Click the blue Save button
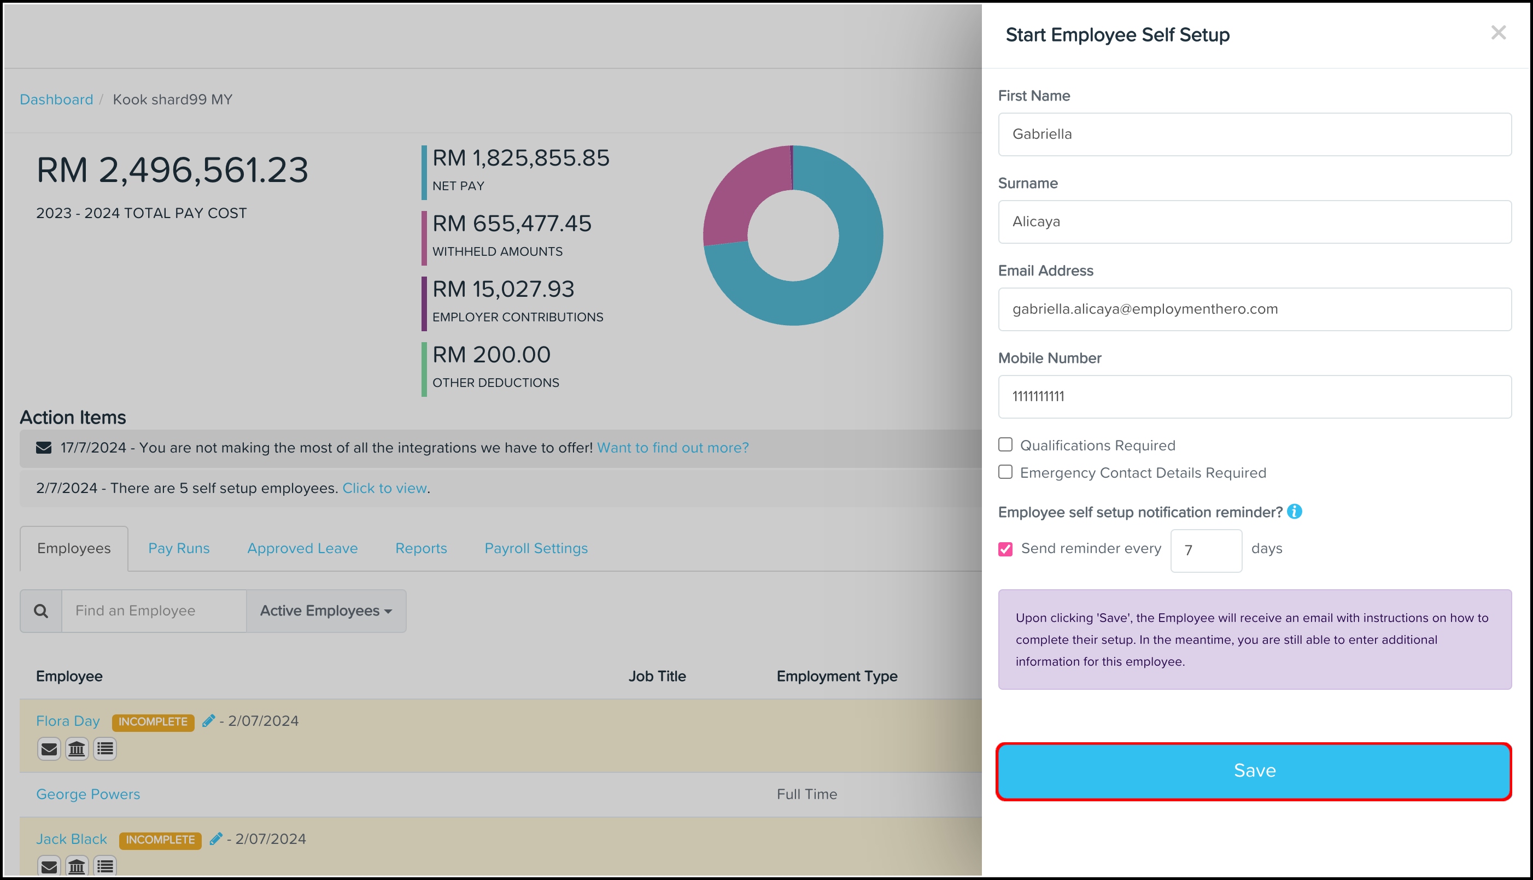tap(1254, 771)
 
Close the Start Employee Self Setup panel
tap(1498, 33)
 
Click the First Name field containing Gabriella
tap(1254, 134)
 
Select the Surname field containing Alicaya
tap(1254, 222)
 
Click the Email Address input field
tap(1254, 309)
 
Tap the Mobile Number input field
tap(1254, 396)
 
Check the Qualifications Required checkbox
tap(1005, 445)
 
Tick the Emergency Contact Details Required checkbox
tap(1005, 472)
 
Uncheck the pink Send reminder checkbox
tap(1005, 549)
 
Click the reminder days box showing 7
tap(1206, 550)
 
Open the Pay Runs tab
tap(179, 548)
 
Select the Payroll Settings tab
tap(536, 548)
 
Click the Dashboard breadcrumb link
tap(56, 99)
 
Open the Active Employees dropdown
tap(326, 611)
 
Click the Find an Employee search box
tap(154, 611)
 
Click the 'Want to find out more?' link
tap(673, 448)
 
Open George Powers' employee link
tap(88, 794)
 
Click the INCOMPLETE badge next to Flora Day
tap(153, 722)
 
